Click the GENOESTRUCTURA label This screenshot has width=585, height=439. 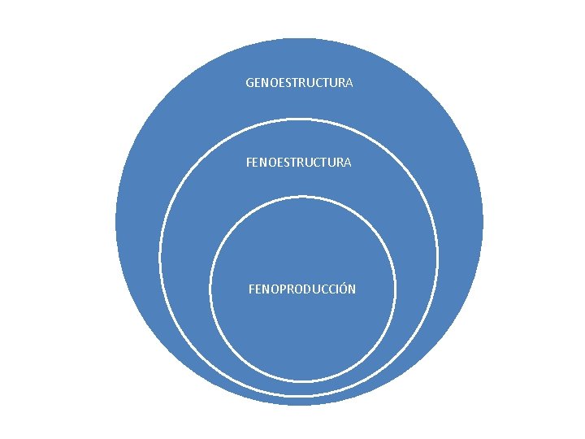click(x=299, y=83)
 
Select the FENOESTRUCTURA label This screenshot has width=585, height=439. click(x=299, y=163)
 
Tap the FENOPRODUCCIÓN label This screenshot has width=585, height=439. click(x=302, y=289)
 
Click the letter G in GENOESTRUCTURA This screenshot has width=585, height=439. click(x=250, y=83)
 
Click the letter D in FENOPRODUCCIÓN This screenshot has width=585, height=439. click(x=310, y=289)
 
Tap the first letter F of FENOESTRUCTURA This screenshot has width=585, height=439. click(x=249, y=163)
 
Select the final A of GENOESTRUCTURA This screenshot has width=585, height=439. click(x=349, y=83)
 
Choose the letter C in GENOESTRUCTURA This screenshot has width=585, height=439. click(x=319, y=83)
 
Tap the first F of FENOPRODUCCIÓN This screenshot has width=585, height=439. click(x=252, y=289)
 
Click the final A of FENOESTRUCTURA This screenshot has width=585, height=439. click(x=347, y=163)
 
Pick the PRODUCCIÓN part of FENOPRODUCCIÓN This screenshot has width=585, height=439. click(x=318, y=289)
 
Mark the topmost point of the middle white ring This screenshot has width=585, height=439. click(x=299, y=119)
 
